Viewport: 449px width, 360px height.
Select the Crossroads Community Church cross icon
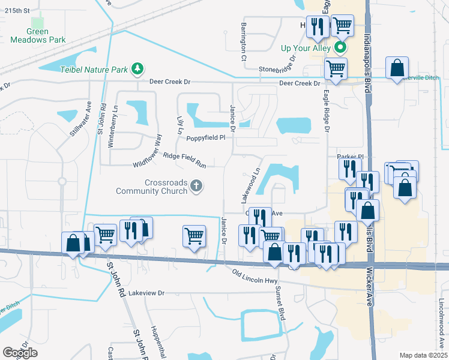click(x=196, y=187)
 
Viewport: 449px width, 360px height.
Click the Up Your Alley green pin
click(x=341, y=47)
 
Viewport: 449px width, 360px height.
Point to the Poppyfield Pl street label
click(x=205, y=137)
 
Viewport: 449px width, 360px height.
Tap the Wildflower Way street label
click(x=148, y=150)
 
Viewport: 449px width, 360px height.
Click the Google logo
click(x=20, y=353)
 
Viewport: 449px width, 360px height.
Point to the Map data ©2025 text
click(x=423, y=355)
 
